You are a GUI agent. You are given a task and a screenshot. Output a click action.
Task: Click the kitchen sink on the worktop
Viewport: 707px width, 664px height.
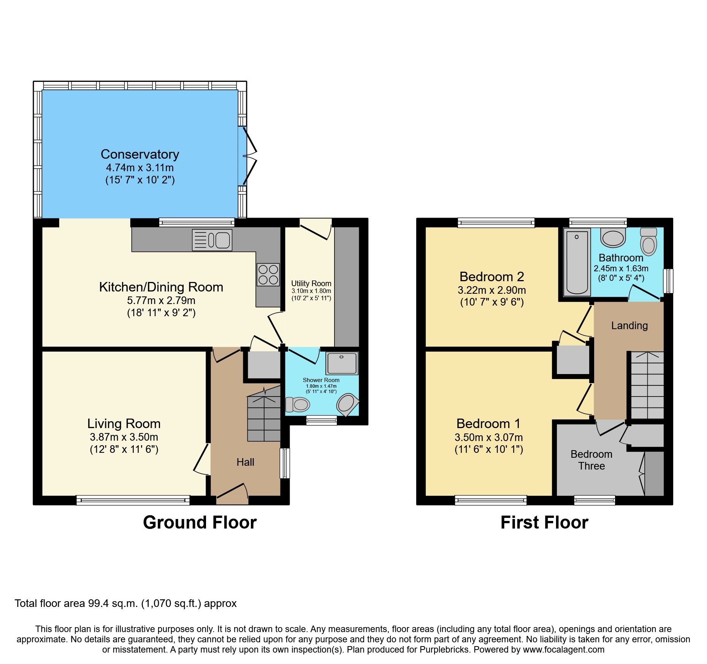click(x=212, y=240)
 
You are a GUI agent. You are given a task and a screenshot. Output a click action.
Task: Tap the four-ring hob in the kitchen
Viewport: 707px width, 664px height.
click(x=268, y=275)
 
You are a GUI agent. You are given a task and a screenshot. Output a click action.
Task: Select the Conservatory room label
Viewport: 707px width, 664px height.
click(x=140, y=154)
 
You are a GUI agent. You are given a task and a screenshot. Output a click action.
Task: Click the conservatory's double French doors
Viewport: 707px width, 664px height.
click(x=249, y=156)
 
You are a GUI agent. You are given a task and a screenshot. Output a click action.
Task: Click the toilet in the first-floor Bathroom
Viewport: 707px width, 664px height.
click(x=648, y=242)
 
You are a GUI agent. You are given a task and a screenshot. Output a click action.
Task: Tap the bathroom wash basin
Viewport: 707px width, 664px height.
click(x=613, y=238)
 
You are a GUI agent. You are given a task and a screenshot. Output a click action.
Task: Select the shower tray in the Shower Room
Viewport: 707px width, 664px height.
click(x=342, y=363)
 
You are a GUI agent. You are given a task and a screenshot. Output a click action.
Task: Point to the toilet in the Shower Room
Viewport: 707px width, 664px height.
click(x=297, y=404)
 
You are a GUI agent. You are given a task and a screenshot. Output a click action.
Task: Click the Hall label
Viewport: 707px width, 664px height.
click(x=245, y=462)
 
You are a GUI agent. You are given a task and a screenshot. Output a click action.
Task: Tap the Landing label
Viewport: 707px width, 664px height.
click(x=629, y=326)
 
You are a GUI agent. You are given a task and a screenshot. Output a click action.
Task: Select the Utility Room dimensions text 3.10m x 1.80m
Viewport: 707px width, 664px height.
click(x=311, y=291)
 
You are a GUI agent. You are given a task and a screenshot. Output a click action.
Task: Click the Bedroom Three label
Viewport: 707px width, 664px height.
click(x=591, y=460)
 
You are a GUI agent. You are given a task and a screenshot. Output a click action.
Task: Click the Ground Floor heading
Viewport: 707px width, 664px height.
click(x=200, y=522)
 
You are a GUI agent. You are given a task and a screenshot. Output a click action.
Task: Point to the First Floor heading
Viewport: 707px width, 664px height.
click(x=544, y=522)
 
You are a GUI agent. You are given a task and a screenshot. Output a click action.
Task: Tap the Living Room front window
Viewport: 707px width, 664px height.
click(x=133, y=500)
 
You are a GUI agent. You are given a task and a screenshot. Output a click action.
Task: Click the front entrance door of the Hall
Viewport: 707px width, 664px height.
click(x=232, y=495)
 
